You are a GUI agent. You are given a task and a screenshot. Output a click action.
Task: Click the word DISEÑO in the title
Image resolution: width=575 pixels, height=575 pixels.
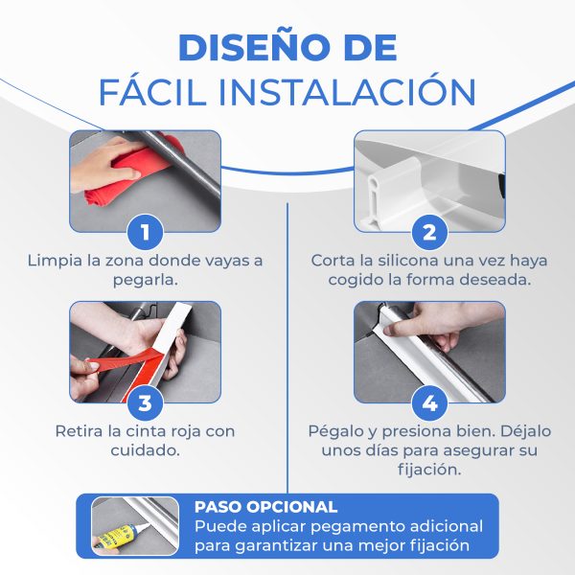(252, 48)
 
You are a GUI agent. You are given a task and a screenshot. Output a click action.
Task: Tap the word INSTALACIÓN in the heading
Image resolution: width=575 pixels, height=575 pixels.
(347, 92)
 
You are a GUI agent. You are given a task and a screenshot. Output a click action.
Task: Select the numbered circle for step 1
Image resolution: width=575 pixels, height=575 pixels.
(146, 232)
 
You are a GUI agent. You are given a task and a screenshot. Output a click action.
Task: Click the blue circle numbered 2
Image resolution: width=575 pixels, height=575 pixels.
(429, 232)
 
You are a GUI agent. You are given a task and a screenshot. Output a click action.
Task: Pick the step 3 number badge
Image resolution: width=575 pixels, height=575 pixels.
(146, 403)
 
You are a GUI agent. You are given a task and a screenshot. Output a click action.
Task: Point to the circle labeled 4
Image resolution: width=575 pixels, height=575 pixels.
(429, 403)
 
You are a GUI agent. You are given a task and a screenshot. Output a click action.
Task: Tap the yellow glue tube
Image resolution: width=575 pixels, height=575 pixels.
(117, 535)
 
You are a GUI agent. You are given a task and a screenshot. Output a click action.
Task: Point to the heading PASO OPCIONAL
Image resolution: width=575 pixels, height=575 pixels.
(265, 507)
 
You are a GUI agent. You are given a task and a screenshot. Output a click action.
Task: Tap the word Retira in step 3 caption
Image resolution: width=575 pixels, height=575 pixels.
(79, 431)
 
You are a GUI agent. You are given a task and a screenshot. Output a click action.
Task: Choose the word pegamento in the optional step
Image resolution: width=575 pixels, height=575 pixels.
(350, 527)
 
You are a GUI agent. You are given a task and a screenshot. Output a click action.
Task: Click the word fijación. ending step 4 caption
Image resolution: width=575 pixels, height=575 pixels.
(429, 470)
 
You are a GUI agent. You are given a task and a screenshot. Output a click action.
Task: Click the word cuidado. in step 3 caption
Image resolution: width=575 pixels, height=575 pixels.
(146, 450)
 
